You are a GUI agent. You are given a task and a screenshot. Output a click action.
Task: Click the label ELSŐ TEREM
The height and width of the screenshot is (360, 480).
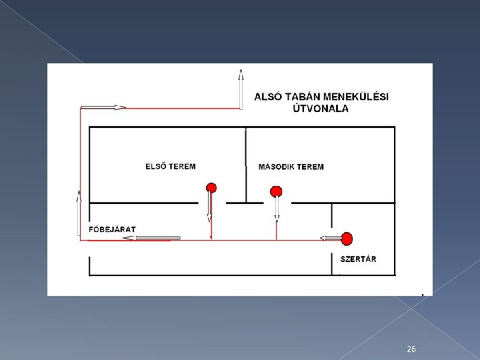click(x=171, y=166)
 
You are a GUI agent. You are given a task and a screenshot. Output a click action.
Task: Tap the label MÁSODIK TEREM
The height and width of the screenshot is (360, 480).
click(x=291, y=167)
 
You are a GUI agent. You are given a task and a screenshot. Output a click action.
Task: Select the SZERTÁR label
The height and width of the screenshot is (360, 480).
click(x=358, y=259)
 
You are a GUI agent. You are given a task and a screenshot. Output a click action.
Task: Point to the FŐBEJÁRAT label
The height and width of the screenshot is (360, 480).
click(x=113, y=229)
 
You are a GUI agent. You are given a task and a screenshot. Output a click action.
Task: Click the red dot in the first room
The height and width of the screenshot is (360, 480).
click(x=211, y=187)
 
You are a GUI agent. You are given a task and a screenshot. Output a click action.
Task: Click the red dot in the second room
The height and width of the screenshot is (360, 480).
click(x=276, y=192)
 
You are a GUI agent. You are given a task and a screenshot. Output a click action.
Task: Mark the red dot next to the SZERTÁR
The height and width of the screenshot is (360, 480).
click(x=347, y=238)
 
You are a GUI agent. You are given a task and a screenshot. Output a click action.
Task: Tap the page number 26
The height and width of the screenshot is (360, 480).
click(x=411, y=349)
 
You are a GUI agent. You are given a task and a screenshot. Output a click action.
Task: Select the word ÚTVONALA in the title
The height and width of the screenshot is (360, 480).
click(x=321, y=109)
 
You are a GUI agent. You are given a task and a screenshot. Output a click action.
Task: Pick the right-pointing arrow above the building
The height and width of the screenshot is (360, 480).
click(x=103, y=107)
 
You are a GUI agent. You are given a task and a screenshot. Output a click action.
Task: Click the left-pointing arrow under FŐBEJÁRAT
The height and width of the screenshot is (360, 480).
click(x=157, y=237)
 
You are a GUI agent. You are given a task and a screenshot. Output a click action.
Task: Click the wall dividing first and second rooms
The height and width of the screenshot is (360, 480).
click(x=246, y=164)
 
